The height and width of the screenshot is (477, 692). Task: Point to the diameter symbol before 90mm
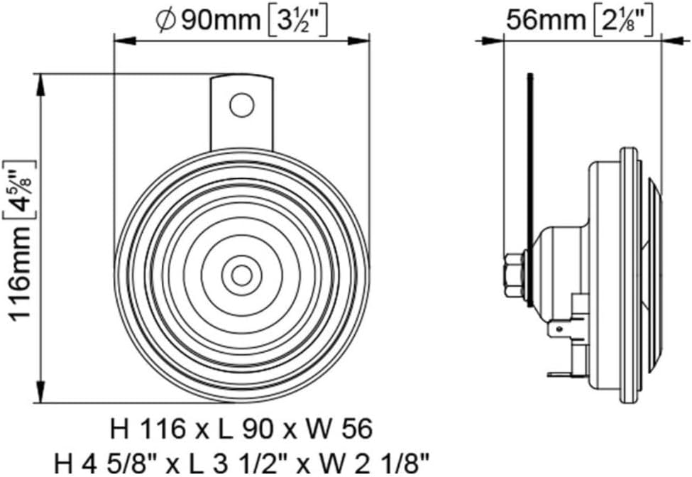click(165, 21)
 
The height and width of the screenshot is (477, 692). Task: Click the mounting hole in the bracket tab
click(241, 104)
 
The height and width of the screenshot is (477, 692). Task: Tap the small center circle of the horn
click(241, 275)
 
